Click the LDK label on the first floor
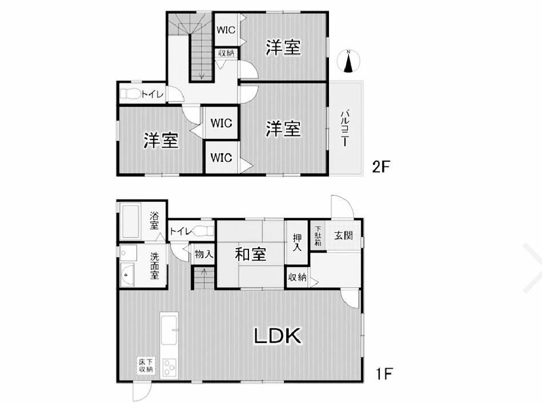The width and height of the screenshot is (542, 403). (x=278, y=336)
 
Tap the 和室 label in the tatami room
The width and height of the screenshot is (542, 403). (x=250, y=254)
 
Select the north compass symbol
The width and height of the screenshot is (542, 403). (x=349, y=61)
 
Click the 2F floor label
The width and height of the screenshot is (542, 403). (x=381, y=167)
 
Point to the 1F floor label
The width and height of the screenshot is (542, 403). (x=384, y=374)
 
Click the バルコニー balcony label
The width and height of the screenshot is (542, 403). (x=344, y=129)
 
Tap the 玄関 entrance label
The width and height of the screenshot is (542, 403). (x=343, y=236)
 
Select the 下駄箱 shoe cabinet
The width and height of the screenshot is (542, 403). (x=318, y=236)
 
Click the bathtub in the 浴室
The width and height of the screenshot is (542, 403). (x=131, y=221)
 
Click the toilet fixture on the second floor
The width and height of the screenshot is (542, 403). (x=130, y=93)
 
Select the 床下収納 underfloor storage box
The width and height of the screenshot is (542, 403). (x=146, y=366)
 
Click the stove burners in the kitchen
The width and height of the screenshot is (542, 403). (x=170, y=368)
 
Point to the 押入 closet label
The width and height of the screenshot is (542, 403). (x=297, y=242)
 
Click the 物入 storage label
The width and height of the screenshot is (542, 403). (x=203, y=254)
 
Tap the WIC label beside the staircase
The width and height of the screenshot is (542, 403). (x=226, y=30)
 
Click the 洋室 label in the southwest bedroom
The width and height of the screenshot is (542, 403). (x=160, y=140)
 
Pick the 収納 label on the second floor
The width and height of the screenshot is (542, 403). (x=226, y=53)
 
